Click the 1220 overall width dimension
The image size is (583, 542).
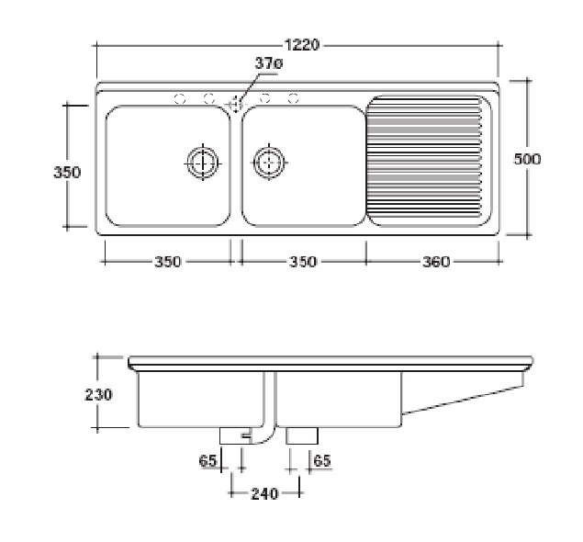(x=301, y=45)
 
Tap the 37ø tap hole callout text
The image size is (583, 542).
(x=268, y=63)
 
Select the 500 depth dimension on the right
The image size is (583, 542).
(x=527, y=159)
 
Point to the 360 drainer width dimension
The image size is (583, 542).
(x=436, y=262)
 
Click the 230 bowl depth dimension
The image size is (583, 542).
(x=98, y=395)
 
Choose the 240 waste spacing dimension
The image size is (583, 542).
(x=264, y=494)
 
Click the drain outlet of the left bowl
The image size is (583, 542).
(x=203, y=163)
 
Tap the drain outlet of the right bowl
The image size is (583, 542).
(x=269, y=163)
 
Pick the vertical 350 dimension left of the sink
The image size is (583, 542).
(x=67, y=172)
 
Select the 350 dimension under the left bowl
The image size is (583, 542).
(x=168, y=262)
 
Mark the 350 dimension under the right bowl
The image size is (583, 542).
(x=303, y=262)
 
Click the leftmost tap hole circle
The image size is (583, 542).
(x=180, y=99)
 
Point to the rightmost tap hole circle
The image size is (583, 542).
(x=294, y=98)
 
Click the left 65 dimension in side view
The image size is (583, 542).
(x=207, y=461)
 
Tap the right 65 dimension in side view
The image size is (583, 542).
(x=322, y=461)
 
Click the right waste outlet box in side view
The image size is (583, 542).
(x=302, y=435)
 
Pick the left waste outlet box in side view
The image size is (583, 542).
(x=236, y=435)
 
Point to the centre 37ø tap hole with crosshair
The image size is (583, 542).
(x=236, y=103)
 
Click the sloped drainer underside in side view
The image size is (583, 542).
(x=463, y=401)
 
